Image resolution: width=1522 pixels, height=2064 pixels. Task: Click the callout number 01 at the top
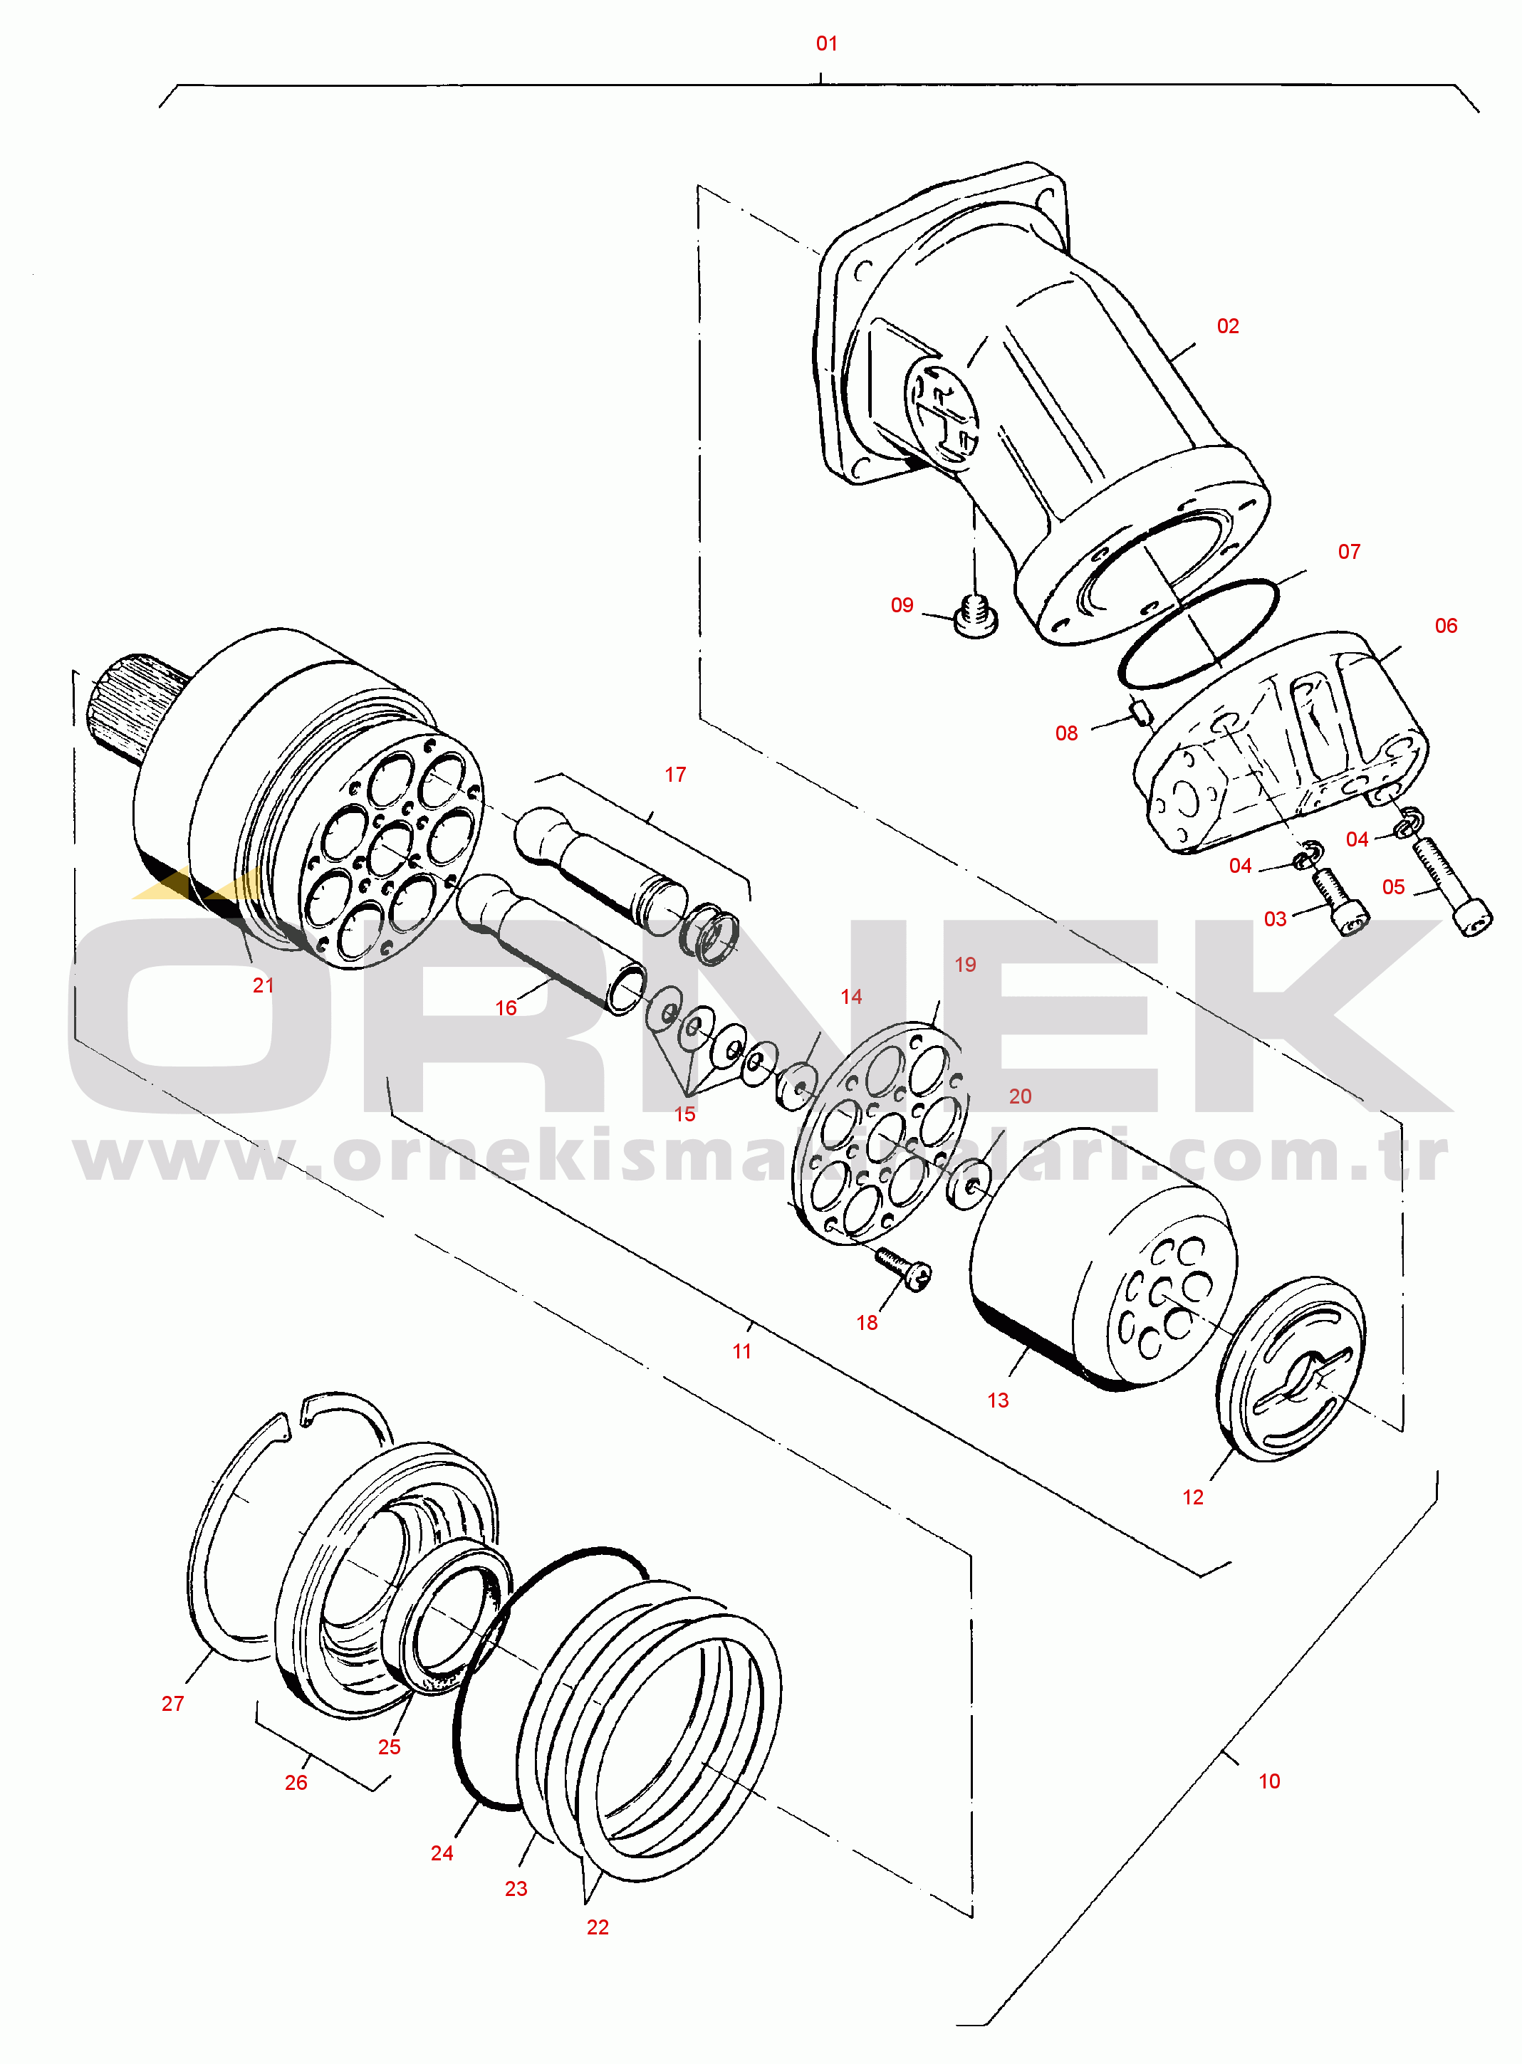click(x=826, y=43)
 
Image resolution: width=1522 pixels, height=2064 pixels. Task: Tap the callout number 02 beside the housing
click(x=1227, y=326)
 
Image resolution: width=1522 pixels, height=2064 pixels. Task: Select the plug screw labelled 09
click(x=975, y=616)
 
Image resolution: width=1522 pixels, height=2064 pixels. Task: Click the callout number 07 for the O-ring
click(x=1349, y=552)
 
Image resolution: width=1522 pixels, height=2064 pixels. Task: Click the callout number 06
click(x=1446, y=627)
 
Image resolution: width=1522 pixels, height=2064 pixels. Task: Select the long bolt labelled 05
click(x=1451, y=885)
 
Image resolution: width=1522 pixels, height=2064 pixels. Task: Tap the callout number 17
click(x=675, y=775)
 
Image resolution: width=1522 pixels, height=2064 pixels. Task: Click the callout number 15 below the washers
click(x=684, y=1114)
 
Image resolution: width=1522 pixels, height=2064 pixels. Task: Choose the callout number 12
click(x=1193, y=1497)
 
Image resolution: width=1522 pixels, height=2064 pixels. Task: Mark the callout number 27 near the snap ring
click(x=172, y=1704)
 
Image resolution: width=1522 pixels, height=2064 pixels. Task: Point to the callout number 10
click(x=1270, y=1781)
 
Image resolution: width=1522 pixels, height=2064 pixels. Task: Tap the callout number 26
click(x=296, y=1783)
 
